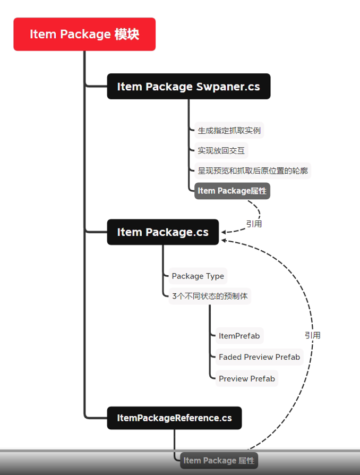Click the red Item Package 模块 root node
84,34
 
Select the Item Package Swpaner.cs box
188,86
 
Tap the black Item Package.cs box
162,232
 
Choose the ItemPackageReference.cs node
174,418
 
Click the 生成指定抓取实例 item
229,130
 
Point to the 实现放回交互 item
221,150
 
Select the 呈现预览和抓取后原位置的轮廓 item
252,171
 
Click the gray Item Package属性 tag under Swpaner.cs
232,191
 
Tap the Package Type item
198,276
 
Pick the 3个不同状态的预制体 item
209,296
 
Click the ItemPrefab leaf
239,336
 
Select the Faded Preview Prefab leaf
259,357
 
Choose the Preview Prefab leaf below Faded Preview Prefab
246,378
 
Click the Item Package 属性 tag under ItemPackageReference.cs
219,461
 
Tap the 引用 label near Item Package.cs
254,224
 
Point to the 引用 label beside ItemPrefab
312,335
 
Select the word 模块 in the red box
126,34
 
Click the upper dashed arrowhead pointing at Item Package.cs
224,232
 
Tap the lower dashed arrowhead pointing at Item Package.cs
224,241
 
